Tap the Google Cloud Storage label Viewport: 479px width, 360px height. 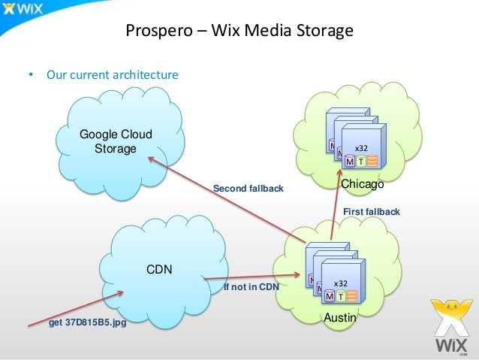click(x=116, y=141)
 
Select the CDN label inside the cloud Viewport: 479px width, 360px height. click(x=158, y=267)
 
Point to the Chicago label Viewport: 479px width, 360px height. click(x=363, y=184)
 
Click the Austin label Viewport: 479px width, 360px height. click(x=339, y=319)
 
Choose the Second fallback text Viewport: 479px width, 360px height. click(x=249, y=189)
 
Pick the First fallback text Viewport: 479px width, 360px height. click(x=371, y=213)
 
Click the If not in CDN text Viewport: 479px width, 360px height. click(x=252, y=286)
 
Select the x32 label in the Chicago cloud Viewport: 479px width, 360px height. click(x=361, y=148)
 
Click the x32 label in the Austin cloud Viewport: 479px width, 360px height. click(x=340, y=283)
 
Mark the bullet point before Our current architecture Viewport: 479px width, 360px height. click(x=31, y=75)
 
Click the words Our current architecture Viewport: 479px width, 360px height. click(x=112, y=75)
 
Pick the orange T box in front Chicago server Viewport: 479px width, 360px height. click(x=361, y=162)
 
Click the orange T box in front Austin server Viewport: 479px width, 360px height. click(x=340, y=296)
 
